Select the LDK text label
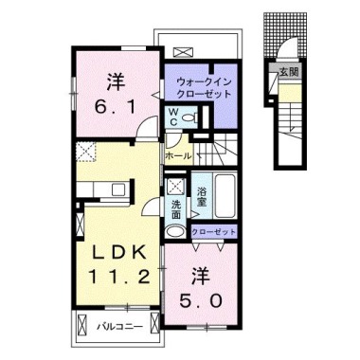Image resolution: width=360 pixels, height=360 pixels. coord(113,252)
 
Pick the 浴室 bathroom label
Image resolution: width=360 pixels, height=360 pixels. coord(201,193)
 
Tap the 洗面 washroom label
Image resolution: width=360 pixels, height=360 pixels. coord(176,207)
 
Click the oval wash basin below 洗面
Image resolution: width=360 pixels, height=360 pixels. coord(175,230)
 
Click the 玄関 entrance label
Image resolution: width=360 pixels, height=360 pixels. coord(287,71)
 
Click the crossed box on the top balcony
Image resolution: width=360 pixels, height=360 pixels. coord(184,53)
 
